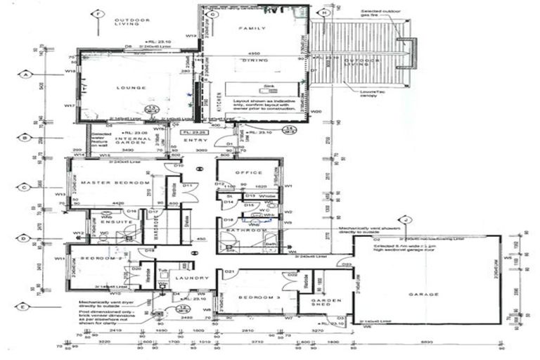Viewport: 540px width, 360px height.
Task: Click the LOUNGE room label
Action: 132,88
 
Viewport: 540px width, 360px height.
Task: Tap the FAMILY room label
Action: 254,29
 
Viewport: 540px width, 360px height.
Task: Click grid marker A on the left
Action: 25,74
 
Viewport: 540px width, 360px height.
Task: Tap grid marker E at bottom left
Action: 25,306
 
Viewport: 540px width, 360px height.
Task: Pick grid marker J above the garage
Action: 404,219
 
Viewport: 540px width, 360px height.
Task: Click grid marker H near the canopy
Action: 323,13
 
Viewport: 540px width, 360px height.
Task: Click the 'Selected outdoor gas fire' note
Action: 380,15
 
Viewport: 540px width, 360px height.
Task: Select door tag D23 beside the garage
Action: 346,264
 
